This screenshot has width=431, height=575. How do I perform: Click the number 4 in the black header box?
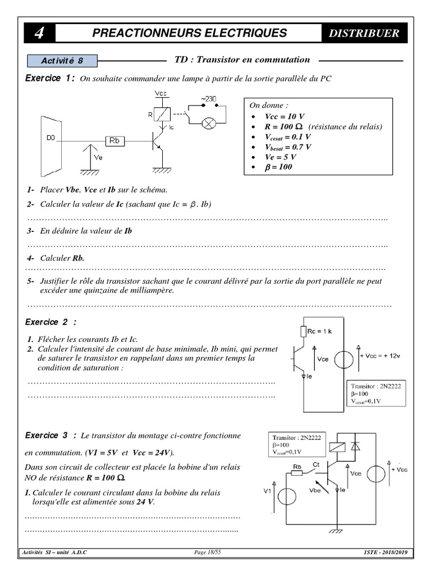coord(39,33)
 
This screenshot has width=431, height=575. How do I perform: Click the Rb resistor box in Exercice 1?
coord(114,141)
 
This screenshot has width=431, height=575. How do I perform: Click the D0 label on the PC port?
coord(50,137)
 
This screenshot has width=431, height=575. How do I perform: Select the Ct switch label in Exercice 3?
coord(316,464)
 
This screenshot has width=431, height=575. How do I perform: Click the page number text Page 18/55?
coord(207,553)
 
